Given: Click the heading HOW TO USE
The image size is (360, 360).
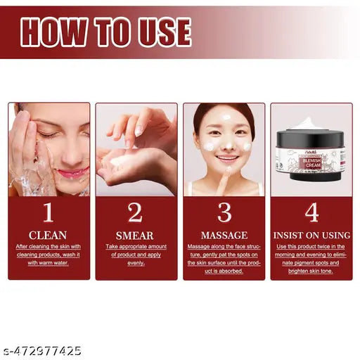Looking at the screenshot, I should point(105,32).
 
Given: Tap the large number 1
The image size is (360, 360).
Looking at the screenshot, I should point(48,212).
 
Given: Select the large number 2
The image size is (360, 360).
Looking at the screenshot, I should point(135,212).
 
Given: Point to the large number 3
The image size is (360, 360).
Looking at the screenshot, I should point(224,212).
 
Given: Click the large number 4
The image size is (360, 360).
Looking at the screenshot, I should point(311,212).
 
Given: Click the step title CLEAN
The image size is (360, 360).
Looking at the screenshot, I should point(49,235).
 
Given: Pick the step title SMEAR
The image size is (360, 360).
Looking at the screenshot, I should point(136,235).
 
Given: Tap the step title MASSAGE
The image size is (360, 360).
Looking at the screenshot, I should point(224,235).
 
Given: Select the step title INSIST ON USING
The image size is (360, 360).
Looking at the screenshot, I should point(311,235).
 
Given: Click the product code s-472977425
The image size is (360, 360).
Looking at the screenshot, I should point(41,349).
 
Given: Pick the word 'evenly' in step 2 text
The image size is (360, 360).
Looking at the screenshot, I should point(136,263).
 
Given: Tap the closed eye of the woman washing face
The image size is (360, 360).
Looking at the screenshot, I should point(49,134).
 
